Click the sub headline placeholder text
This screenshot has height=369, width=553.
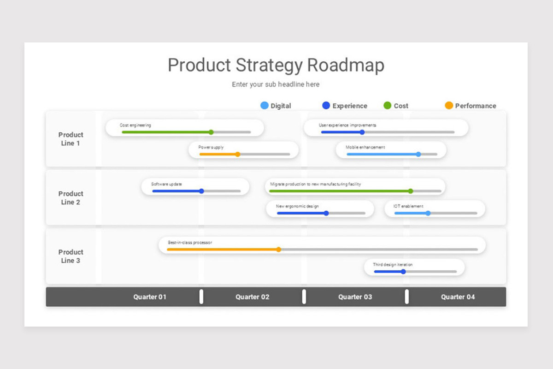pyautogui.click(x=276, y=84)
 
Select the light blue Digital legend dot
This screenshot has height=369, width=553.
pyautogui.click(x=264, y=106)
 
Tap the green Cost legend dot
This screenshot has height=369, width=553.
pyautogui.click(x=388, y=106)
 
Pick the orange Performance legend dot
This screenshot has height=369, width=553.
pyautogui.click(x=449, y=106)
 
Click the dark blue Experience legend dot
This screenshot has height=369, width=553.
pyautogui.click(x=326, y=106)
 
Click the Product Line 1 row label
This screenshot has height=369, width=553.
pyautogui.click(x=71, y=139)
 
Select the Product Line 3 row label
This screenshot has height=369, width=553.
pyautogui.click(x=71, y=256)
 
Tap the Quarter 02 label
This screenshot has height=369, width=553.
pyautogui.click(x=252, y=297)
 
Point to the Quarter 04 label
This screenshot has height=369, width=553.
pyautogui.click(x=458, y=297)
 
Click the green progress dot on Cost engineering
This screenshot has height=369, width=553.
pyautogui.click(x=211, y=132)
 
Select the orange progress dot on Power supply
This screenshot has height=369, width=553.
pyautogui.click(x=238, y=154)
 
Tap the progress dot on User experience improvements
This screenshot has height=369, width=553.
pyautogui.click(x=362, y=132)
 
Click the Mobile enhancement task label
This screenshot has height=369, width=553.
pyautogui.click(x=365, y=147)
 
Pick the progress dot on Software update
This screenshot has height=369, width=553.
pyautogui.click(x=201, y=191)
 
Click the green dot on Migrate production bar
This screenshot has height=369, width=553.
pyautogui.click(x=411, y=191)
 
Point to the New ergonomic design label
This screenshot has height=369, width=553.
pyautogui.click(x=297, y=206)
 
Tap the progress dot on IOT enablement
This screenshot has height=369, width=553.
pyautogui.click(x=428, y=213)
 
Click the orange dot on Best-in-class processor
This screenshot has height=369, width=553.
pyautogui.click(x=279, y=250)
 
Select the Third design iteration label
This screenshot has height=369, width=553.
pyautogui.click(x=393, y=265)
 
